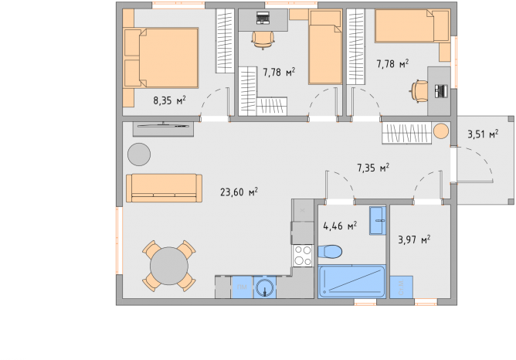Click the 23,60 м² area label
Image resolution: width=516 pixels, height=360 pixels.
click(239, 192)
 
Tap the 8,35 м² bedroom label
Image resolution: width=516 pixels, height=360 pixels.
click(169, 100)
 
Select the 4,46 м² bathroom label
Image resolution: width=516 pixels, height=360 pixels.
click(340, 226)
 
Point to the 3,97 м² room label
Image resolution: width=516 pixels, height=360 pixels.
click(414, 239)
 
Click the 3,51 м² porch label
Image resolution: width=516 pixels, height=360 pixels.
click(483, 134)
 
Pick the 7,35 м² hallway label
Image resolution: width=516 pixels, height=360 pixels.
click(373, 168)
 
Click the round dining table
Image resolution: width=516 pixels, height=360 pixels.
click(169, 266)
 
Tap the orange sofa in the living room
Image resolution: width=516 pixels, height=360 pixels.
click(164, 188)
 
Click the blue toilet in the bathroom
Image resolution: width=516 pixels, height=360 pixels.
click(330, 252)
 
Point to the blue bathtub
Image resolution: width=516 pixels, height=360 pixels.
click(351, 281)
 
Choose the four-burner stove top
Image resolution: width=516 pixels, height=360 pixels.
click(303, 256)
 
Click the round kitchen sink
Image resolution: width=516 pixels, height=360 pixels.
click(265, 287)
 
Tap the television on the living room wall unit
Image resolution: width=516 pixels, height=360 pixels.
click(163, 125)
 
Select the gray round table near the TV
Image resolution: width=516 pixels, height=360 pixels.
click(139, 155)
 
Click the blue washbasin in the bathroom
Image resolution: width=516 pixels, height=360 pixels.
click(378, 220)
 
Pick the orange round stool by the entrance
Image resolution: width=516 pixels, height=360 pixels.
click(441, 131)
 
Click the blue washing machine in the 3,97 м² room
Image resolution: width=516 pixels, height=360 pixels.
click(401, 287)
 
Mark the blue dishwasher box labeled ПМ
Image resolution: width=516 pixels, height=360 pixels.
click(243, 287)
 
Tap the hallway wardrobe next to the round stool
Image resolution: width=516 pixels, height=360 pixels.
click(407, 133)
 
